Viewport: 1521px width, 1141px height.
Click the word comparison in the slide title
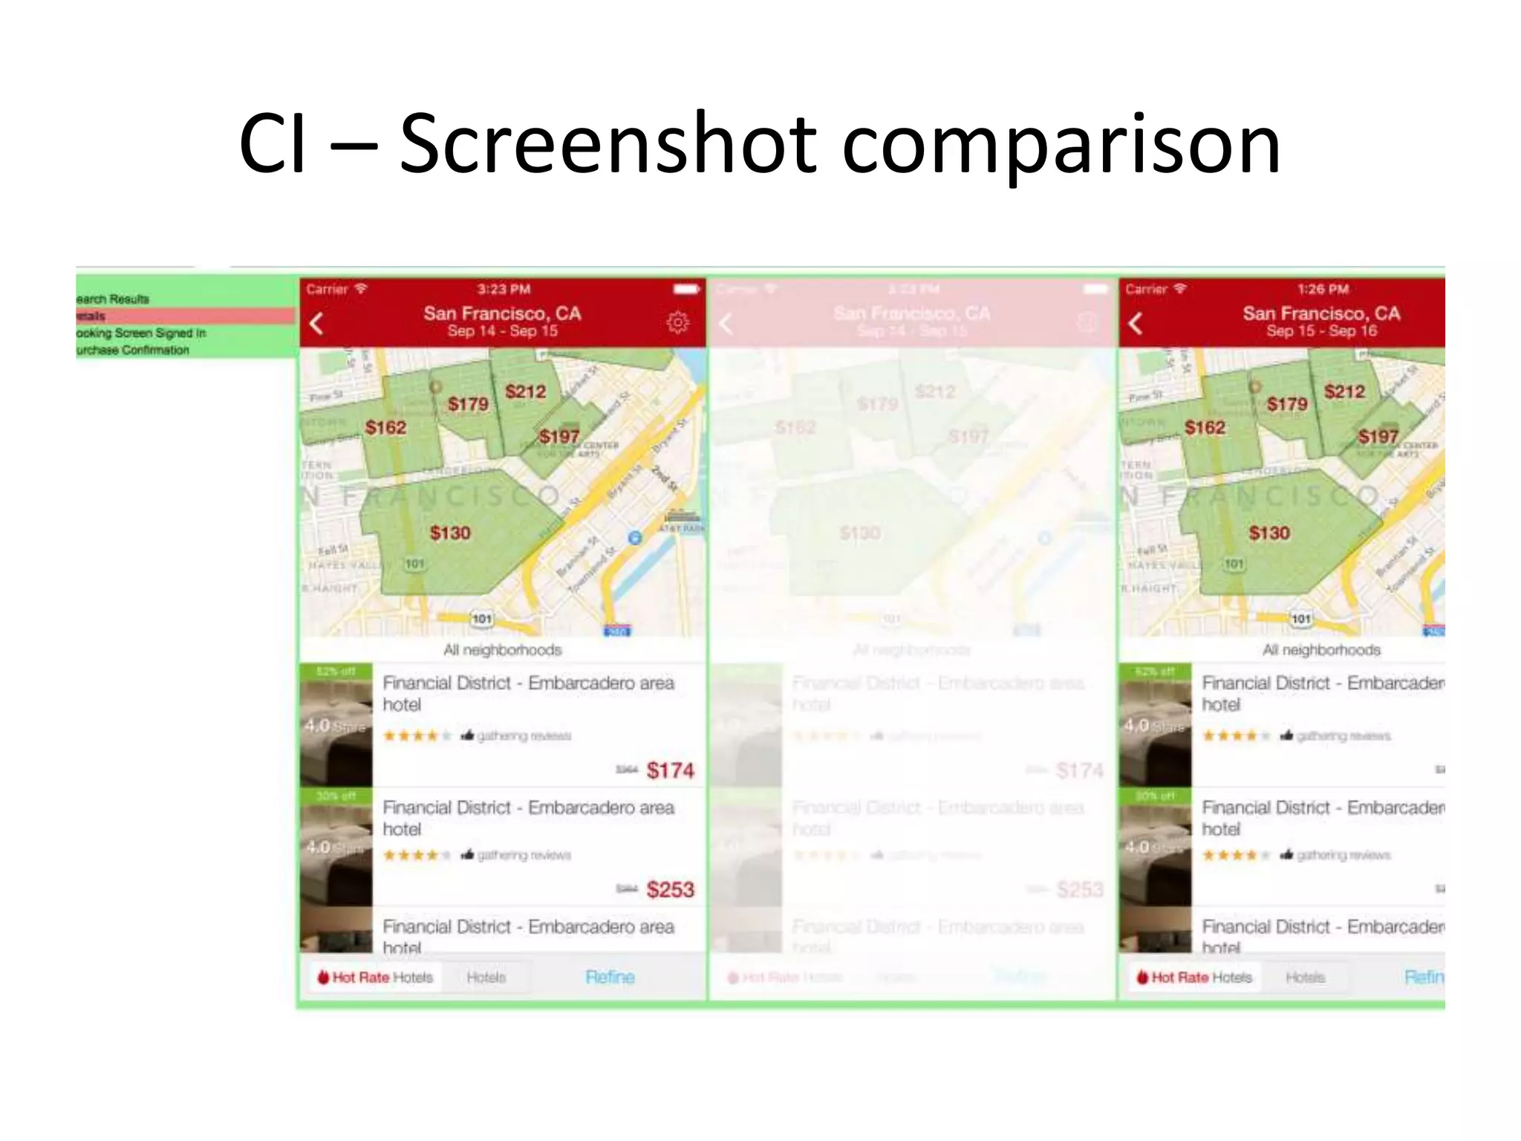pos(1061,146)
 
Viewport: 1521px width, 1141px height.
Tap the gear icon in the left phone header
pos(677,322)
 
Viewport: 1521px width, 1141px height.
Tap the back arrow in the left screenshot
pos(317,323)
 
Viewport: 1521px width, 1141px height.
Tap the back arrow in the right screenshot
pos(1136,323)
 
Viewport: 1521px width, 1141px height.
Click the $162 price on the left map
pos(385,427)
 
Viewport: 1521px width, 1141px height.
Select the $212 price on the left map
pos(525,391)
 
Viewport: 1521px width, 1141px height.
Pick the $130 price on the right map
pos(1269,533)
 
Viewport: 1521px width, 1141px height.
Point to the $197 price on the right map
pos(1378,437)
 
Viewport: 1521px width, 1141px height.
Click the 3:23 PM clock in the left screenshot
pos(504,289)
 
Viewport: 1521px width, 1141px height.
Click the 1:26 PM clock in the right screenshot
pos(1323,289)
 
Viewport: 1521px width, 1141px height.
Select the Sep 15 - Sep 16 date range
pos(1321,331)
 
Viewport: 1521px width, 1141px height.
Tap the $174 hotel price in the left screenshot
pos(670,770)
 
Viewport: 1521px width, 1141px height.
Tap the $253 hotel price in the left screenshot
pos(670,889)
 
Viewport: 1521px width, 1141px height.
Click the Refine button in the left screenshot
pos(610,977)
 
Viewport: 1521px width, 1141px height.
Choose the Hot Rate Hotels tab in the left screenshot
pos(376,978)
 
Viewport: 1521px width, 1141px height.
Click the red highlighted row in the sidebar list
pos(186,316)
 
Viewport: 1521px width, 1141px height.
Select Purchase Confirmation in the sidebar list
pos(134,350)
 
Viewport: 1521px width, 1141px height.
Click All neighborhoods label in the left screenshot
pos(503,650)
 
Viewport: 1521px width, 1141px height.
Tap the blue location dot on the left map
pos(634,537)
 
